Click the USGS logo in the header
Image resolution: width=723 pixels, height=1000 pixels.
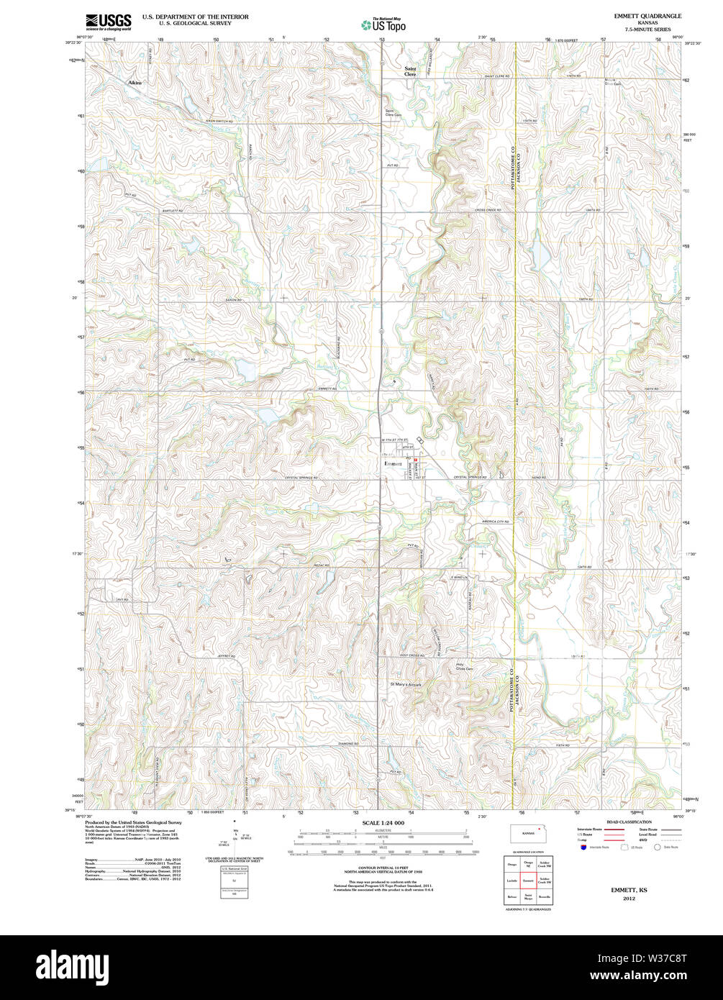tap(108, 22)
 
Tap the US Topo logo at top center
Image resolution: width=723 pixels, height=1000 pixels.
tap(383, 24)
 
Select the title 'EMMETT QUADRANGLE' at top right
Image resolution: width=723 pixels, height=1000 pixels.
tap(647, 16)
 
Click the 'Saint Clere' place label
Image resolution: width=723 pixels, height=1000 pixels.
tap(409, 71)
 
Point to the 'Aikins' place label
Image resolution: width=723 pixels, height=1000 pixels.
tap(135, 83)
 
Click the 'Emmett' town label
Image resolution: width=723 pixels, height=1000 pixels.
tap(394, 464)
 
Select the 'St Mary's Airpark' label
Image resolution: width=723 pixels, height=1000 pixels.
tap(405, 684)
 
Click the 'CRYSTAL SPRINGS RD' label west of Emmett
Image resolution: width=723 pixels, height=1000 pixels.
tap(301, 478)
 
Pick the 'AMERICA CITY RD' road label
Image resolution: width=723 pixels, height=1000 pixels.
tap(495, 522)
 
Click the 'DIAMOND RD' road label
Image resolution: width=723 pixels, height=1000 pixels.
tap(348, 743)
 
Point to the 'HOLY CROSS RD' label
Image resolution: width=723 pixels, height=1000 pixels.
tap(414, 655)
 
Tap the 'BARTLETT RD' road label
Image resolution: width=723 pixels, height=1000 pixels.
tap(173, 211)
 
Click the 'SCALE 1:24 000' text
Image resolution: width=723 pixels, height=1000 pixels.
tap(383, 822)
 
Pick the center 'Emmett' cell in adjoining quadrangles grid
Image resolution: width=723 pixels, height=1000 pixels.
tap(528, 880)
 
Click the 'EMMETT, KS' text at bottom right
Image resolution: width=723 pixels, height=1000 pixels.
tap(629, 890)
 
